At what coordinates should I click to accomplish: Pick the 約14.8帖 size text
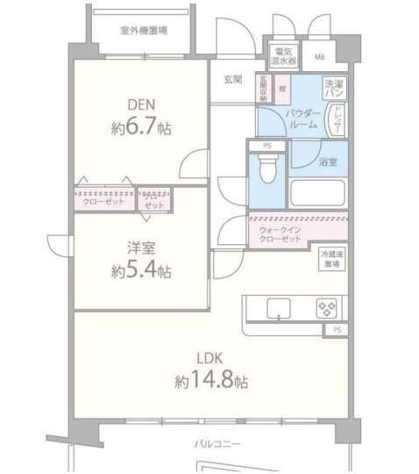pos(210,382)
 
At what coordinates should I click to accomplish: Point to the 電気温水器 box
pos(283,57)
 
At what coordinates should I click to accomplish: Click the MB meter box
pos(318,59)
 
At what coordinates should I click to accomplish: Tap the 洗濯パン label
pos(334,89)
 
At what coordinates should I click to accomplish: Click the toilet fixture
pos(268,167)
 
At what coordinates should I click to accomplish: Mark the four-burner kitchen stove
pos(325,308)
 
